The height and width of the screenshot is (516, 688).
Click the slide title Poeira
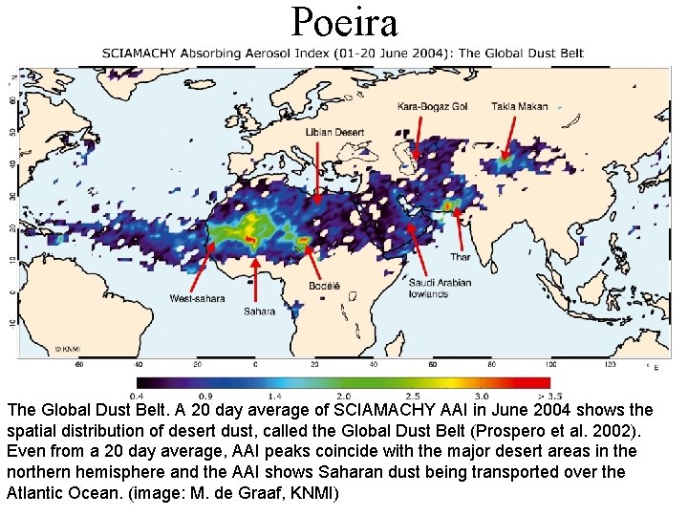coord(344,21)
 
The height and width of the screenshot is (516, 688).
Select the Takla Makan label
coord(520,107)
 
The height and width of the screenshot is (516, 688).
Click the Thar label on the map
coord(461,257)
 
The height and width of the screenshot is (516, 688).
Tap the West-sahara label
coord(198,299)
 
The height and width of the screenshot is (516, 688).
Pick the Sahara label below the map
coord(259,312)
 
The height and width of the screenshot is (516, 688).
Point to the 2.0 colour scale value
coord(344,396)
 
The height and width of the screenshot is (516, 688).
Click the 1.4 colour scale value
coord(275,396)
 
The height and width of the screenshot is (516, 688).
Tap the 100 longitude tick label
coord(549,364)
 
